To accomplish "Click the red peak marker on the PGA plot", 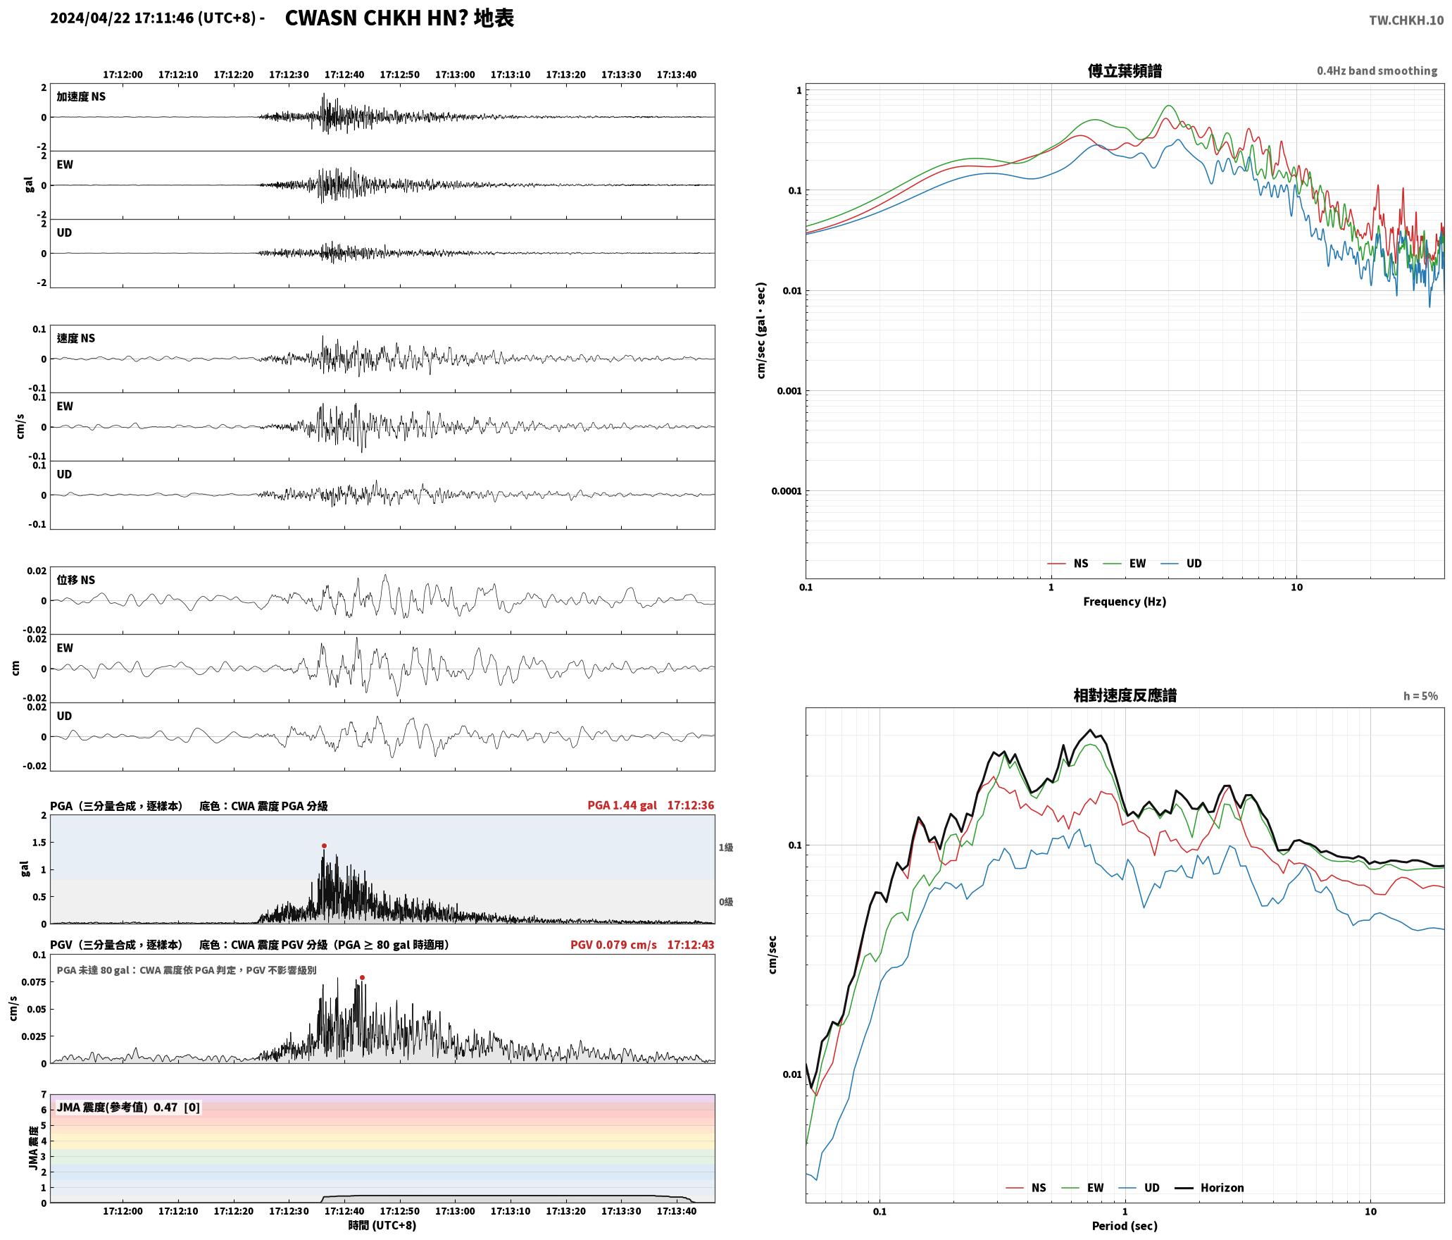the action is [324, 845].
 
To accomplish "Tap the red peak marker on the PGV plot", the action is [362, 977].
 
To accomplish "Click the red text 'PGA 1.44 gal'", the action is [622, 805].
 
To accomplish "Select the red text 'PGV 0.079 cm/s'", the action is [613, 945].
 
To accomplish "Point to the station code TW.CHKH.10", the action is [1406, 20].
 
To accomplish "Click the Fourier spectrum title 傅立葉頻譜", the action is [1125, 71].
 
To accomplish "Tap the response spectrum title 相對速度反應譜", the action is [1125, 695].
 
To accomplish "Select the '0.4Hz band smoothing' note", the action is [1377, 71].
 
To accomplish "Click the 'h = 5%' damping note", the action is [1420, 696].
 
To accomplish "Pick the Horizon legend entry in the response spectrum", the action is [1210, 1188].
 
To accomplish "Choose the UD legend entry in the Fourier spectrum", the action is [1182, 564].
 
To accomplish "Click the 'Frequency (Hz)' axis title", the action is [1125, 602].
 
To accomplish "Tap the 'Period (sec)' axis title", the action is [1125, 1226].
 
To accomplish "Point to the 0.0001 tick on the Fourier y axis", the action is [786, 491].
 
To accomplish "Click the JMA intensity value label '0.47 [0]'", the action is [177, 1107].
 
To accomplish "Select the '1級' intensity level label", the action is [726, 848].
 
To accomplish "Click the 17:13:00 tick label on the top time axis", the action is [455, 75].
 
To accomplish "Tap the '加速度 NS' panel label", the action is [81, 97].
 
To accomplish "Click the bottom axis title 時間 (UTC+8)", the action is [382, 1225].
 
